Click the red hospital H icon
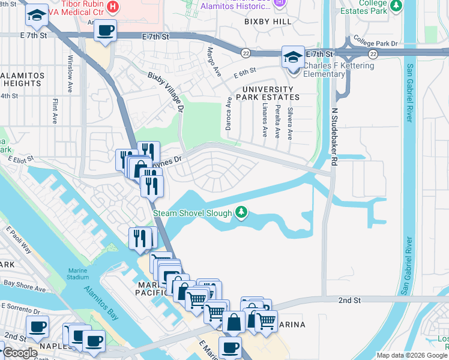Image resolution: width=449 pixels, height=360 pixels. [x=113, y=6]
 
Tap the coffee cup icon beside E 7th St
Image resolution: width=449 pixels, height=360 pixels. [x=106, y=31]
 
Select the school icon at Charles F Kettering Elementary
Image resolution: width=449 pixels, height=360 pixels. [x=292, y=59]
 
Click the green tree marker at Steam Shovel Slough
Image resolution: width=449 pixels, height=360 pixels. [x=241, y=212]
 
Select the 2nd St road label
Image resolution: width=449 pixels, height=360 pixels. [x=348, y=299]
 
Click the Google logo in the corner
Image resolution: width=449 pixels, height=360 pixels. [x=20, y=353]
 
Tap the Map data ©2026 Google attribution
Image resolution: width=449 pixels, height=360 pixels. [x=411, y=355]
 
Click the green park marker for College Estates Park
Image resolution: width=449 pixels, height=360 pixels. [x=396, y=6]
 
